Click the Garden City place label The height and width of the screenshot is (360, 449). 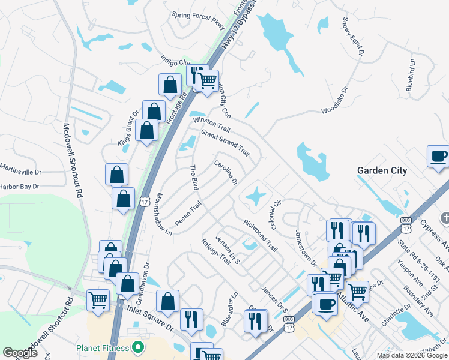point(382,170)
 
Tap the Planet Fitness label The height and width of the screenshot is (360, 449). point(103,348)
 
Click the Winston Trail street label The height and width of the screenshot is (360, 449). point(211,125)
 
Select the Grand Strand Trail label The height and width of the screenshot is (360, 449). point(224,142)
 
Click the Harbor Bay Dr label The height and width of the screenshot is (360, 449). point(19,186)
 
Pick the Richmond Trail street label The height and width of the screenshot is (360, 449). point(260,235)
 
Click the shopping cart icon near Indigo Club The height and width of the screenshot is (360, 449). point(208,80)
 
